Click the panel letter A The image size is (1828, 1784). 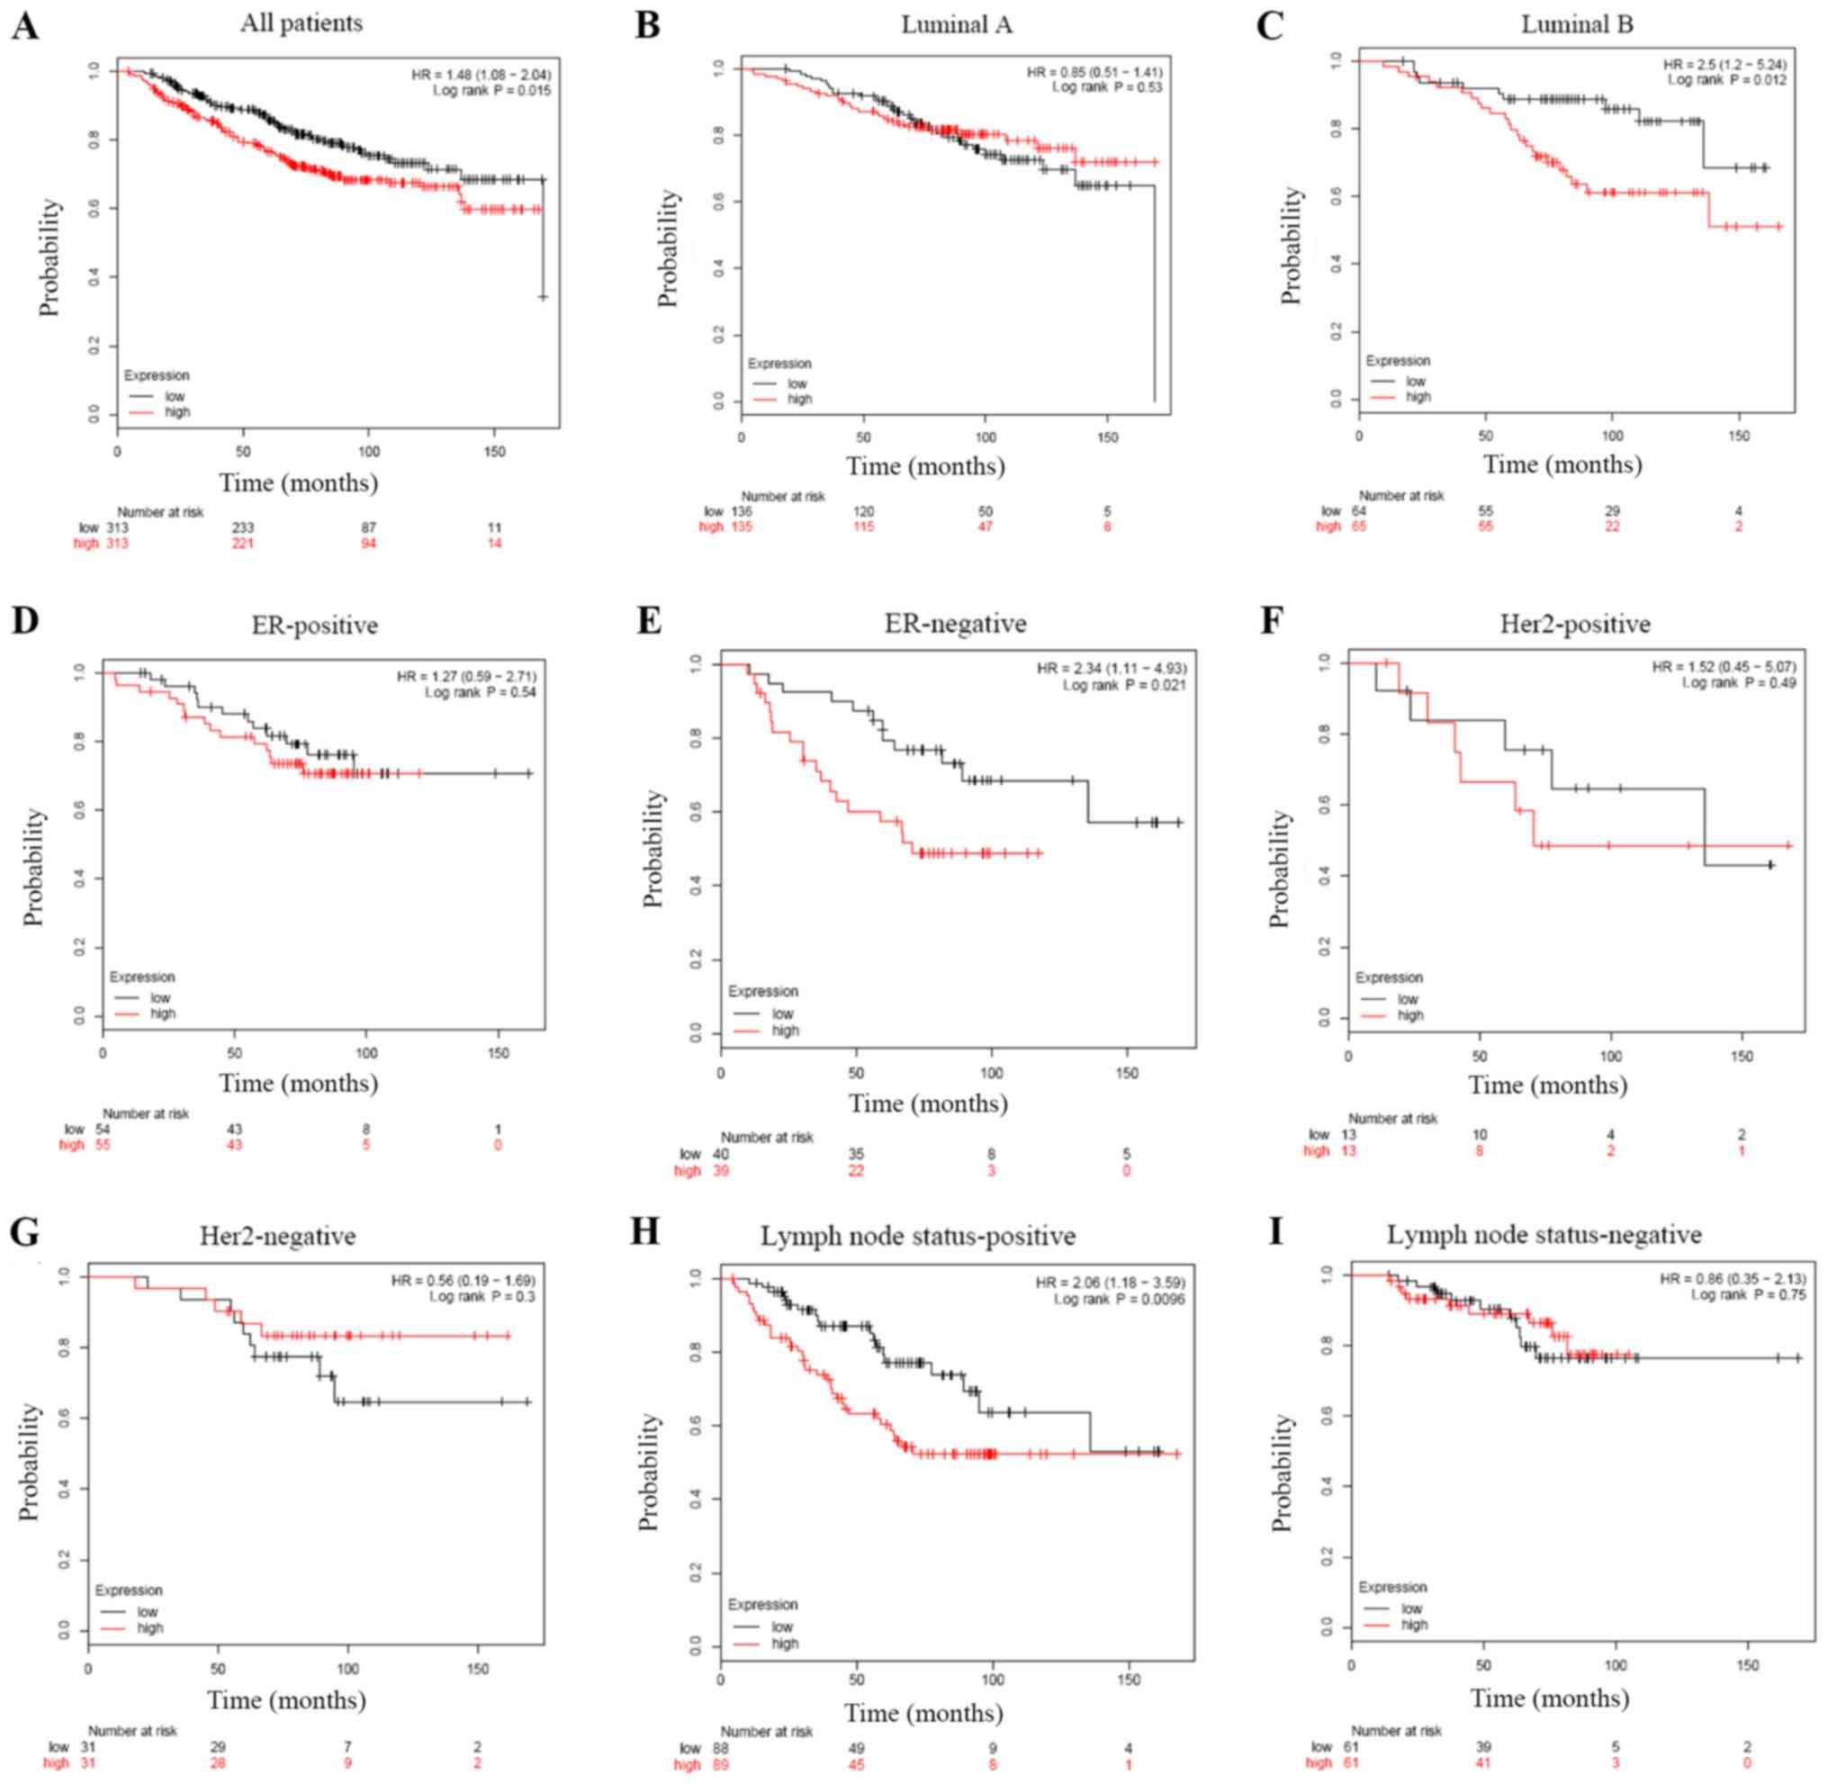[25, 25]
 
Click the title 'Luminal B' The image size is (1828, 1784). [1576, 24]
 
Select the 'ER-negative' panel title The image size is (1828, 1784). [955, 623]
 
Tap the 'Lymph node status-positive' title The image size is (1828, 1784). [917, 1236]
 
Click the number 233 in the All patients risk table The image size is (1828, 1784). [243, 528]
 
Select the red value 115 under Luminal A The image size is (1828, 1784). [862, 527]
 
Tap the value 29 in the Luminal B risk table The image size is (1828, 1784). [1612, 511]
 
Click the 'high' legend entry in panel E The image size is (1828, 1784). [784, 1031]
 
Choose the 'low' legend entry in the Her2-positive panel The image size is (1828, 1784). [1408, 999]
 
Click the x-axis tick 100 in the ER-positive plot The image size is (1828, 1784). [366, 1053]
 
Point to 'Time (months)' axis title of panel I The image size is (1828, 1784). [1549, 1698]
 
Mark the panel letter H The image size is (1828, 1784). [645, 1231]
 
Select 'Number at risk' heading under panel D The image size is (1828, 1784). [145, 1113]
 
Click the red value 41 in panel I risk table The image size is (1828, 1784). [1483, 1762]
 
